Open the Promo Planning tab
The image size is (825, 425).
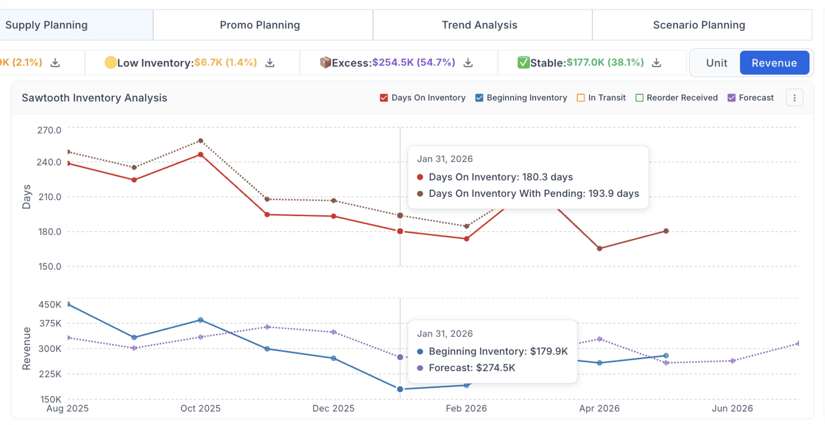point(260,25)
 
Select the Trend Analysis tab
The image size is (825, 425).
point(480,25)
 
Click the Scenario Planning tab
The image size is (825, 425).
point(699,25)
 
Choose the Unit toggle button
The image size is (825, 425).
point(716,63)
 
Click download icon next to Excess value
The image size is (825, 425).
point(468,63)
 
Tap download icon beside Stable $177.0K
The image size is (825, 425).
point(657,63)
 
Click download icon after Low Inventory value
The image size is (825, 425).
point(270,63)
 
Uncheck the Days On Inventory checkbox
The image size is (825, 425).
point(384,98)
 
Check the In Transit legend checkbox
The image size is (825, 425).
point(581,98)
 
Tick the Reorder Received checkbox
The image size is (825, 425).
point(639,98)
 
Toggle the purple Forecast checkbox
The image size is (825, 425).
point(731,98)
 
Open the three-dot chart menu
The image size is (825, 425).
point(794,98)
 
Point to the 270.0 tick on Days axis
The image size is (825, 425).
point(49,130)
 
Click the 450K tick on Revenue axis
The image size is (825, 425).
point(50,305)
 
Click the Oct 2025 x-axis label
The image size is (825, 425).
point(200,408)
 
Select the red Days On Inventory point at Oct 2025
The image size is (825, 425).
point(201,155)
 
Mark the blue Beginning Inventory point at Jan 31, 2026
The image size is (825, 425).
point(400,389)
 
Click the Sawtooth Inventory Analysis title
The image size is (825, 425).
point(95,98)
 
